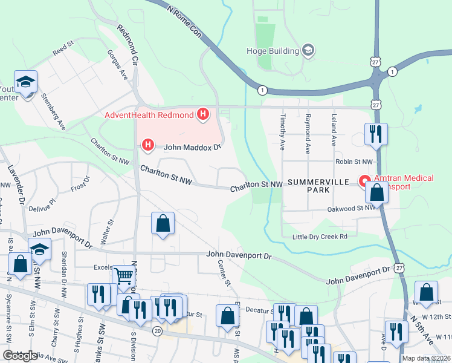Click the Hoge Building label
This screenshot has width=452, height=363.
(x=273, y=51)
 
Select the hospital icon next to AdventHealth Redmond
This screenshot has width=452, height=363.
(x=203, y=114)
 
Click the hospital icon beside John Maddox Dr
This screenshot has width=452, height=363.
(x=147, y=145)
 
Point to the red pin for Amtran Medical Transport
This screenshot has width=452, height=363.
(x=365, y=180)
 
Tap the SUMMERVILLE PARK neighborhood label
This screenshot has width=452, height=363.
(x=309, y=186)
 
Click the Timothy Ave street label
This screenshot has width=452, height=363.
(x=282, y=130)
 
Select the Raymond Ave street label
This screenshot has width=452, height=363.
(x=308, y=130)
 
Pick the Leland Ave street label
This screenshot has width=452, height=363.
(x=333, y=130)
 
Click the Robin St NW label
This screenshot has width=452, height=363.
(x=356, y=162)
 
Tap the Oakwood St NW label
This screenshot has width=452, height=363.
(x=354, y=208)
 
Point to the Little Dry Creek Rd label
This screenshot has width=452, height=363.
(x=320, y=237)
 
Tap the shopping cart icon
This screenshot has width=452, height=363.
(x=124, y=276)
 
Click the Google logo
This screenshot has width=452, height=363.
(x=21, y=356)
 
